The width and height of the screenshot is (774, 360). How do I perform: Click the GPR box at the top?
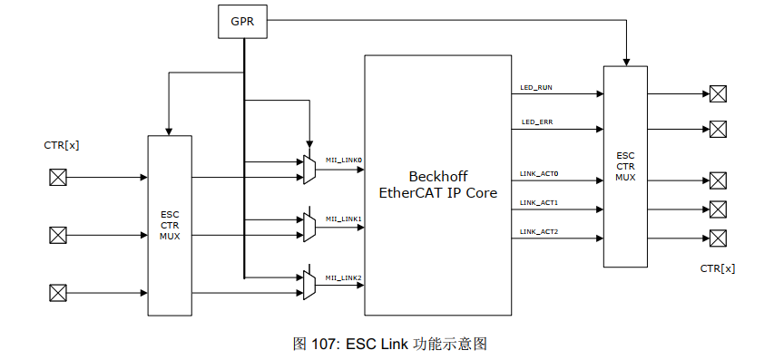(x=243, y=22)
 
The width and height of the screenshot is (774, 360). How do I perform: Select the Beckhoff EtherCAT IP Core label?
(x=438, y=184)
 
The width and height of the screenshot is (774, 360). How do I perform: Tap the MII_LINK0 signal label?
(x=344, y=161)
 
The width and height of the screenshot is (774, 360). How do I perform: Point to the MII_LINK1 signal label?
(x=344, y=219)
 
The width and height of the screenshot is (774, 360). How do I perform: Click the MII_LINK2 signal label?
(x=344, y=277)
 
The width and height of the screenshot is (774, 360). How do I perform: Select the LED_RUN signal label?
(x=536, y=88)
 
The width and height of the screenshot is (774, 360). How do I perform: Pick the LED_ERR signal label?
(x=536, y=122)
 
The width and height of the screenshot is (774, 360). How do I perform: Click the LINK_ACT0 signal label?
(x=539, y=173)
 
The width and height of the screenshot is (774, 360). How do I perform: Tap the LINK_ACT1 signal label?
(x=539, y=203)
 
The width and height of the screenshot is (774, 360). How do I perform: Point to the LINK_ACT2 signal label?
(x=539, y=232)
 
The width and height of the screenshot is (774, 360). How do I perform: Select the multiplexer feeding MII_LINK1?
(x=309, y=228)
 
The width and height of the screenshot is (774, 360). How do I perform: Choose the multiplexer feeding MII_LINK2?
(x=309, y=286)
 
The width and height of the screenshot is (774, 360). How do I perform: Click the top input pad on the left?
(x=58, y=177)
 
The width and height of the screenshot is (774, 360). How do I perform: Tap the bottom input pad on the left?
(x=58, y=293)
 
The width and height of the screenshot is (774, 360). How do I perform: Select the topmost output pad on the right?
(x=718, y=93)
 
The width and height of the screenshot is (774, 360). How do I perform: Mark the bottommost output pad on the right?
(x=718, y=238)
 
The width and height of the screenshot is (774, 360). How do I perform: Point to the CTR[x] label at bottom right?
(x=717, y=268)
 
